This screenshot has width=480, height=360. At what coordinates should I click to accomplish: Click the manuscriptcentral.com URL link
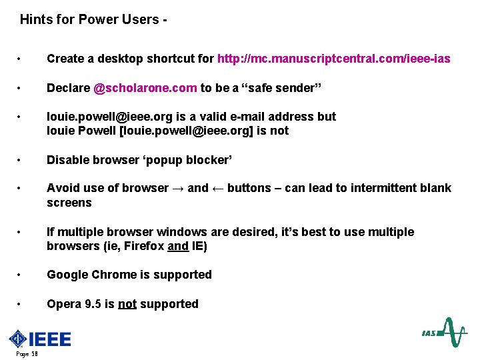[334, 59]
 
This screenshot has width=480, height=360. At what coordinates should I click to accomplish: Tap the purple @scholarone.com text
[145, 88]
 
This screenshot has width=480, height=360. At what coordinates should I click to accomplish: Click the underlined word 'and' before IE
[178, 247]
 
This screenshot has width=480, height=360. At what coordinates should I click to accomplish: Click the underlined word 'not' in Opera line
[127, 304]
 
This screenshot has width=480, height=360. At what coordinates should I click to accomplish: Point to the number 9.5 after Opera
[93, 304]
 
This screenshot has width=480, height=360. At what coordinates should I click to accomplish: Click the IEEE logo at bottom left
[40, 339]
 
